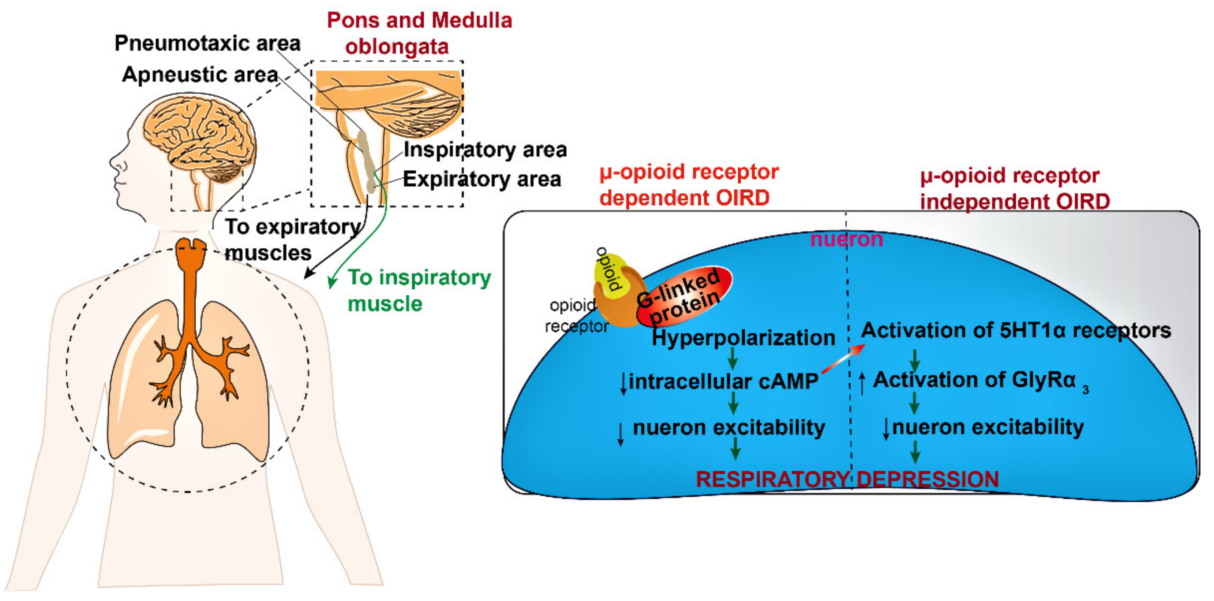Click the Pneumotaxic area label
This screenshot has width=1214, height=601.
[x=207, y=44]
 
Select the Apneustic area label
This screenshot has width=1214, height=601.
[x=200, y=75]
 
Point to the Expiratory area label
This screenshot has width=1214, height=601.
[x=482, y=179]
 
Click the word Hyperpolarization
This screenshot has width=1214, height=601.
[x=743, y=338]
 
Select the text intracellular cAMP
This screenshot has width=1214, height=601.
[x=723, y=381]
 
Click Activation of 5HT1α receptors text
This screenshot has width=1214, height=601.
[x=1016, y=330]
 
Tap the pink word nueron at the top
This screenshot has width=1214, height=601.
[x=846, y=239]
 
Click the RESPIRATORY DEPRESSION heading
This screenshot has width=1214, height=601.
[x=847, y=479]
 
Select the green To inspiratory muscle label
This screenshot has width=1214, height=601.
[x=419, y=290]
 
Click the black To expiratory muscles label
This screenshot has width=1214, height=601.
[x=292, y=240]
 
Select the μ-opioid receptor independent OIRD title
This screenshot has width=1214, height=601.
[x=1014, y=189]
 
